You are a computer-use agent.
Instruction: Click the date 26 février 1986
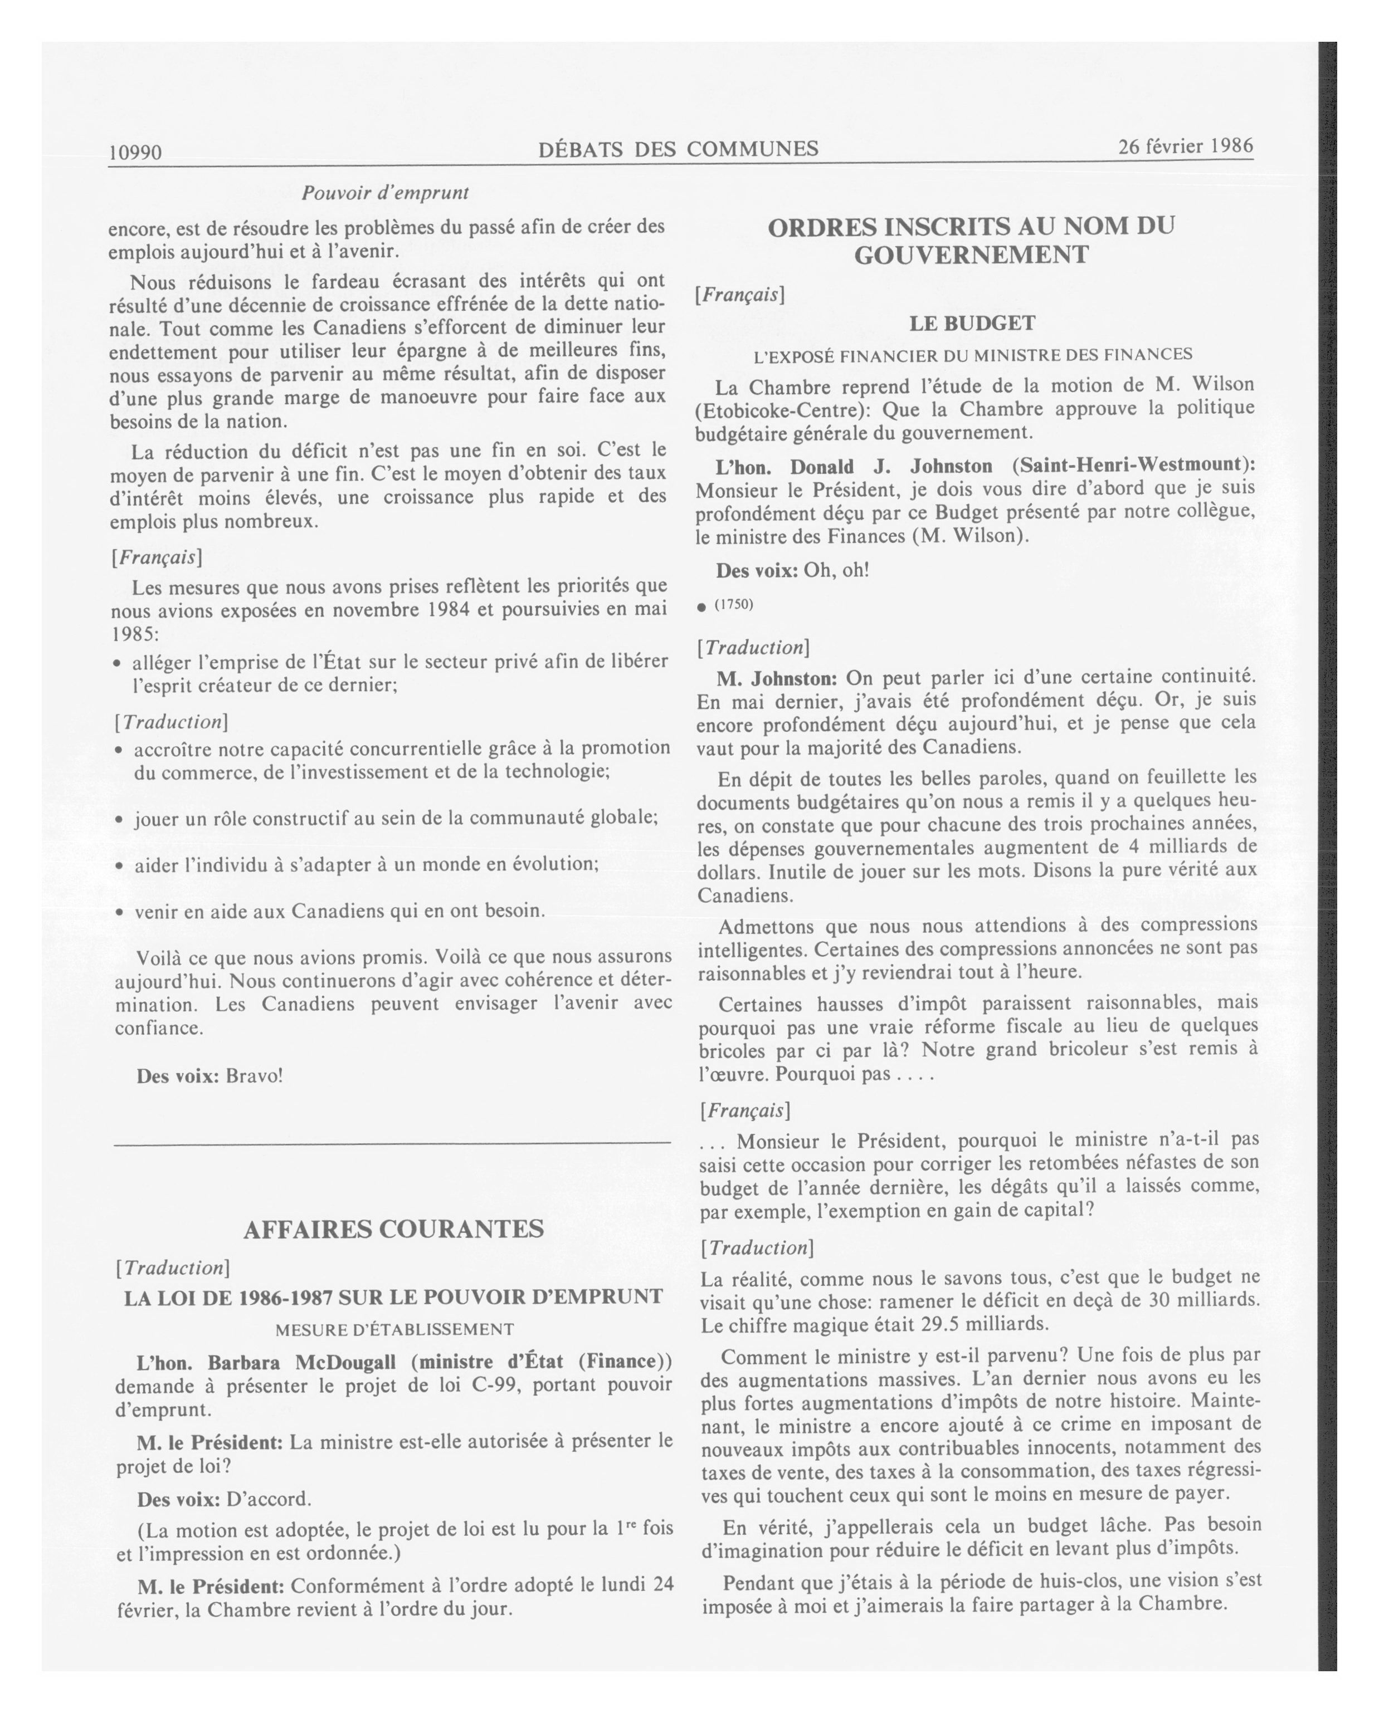pos(1185,146)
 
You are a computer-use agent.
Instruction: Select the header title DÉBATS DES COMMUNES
pos(678,149)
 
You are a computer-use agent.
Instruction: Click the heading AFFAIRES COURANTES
pos(393,1229)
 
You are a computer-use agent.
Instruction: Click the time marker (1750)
pos(733,605)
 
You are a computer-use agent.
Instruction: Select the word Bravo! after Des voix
pos(254,1076)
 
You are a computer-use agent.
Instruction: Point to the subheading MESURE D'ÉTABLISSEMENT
pos(394,1329)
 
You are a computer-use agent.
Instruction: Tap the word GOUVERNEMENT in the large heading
pos(971,255)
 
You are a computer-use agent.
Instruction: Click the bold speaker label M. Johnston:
pos(777,678)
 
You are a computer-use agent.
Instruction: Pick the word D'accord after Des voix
pos(269,1499)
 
